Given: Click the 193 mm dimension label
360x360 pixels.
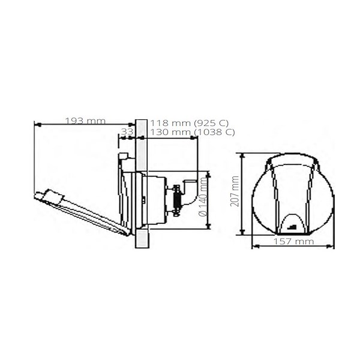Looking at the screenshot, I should coord(85,121).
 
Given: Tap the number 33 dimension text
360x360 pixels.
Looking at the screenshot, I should coord(127,131).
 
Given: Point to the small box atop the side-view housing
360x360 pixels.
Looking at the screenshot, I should coord(124,157).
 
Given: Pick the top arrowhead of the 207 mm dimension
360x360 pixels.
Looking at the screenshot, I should coord(242,155).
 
